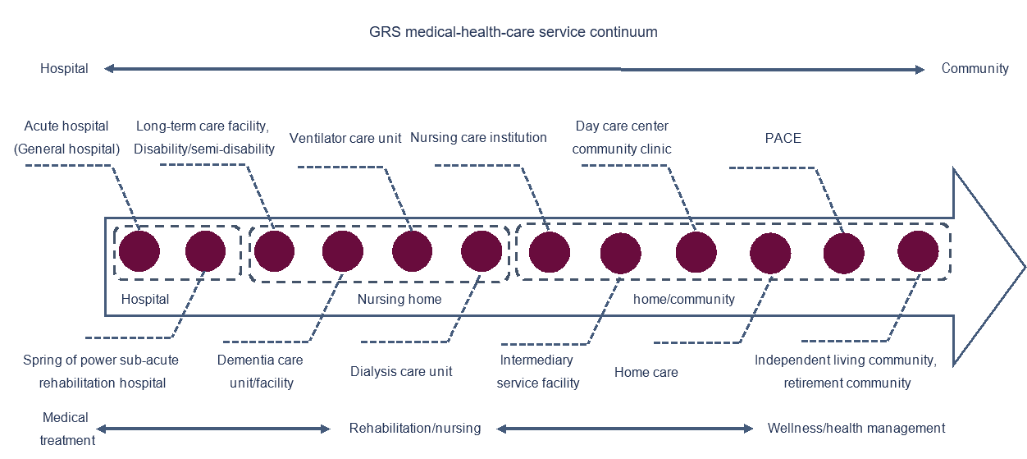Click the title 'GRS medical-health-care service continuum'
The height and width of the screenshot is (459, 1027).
513,32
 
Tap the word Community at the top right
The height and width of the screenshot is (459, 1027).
975,68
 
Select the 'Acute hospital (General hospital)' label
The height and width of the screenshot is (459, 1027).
66,137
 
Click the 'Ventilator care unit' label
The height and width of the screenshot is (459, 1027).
345,138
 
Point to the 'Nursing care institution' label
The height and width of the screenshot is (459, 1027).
478,138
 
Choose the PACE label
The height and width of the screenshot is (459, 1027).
783,138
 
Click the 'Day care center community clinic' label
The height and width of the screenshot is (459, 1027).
622,137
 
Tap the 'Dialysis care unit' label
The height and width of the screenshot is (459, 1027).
401,371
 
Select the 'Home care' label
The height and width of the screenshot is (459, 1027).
646,372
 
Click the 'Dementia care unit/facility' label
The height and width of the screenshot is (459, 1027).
260,371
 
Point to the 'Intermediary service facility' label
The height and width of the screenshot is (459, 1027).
538,371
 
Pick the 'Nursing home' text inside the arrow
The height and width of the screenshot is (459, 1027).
399,299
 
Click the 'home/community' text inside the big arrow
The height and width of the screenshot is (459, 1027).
684,299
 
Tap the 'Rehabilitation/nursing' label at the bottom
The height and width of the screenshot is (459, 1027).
415,429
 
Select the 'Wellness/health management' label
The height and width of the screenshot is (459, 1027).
856,429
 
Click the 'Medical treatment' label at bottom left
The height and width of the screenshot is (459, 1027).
67,429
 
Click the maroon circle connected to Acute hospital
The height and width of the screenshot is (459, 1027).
139,251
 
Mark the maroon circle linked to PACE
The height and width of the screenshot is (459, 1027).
843,253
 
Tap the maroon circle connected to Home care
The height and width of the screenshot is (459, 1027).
770,253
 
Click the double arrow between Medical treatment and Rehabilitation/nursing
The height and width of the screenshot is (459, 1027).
213,429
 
